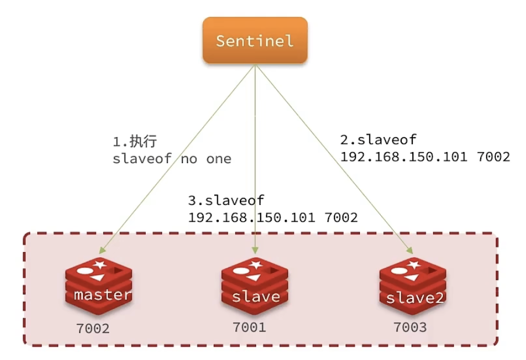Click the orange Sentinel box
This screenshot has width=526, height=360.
coord(255,40)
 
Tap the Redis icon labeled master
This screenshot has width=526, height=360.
coord(99,286)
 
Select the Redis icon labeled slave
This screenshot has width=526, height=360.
coord(255,286)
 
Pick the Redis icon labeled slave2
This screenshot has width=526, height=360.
coord(413,286)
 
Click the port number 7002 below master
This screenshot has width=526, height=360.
coord(93,329)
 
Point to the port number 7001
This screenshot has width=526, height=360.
coord(250,327)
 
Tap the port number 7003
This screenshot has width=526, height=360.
coord(410,327)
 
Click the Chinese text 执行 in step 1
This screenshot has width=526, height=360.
coord(143,141)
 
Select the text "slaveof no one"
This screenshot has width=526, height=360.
coord(172,159)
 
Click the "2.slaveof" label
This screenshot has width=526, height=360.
coord(379,139)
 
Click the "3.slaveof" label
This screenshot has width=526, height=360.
coord(226,200)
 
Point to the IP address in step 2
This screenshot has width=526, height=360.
coord(404,157)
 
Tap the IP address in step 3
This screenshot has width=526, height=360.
coord(251,217)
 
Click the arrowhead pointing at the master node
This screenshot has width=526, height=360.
coord(102,250)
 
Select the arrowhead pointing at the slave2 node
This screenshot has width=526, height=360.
coord(410,250)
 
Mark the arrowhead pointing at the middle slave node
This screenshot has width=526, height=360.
coord(255,250)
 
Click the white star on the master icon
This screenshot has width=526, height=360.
coord(100,264)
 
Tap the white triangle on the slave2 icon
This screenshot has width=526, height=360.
coord(411,278)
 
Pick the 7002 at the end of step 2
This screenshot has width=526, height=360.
coord(493,157)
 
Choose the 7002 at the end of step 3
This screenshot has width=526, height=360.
coord(341,217)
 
